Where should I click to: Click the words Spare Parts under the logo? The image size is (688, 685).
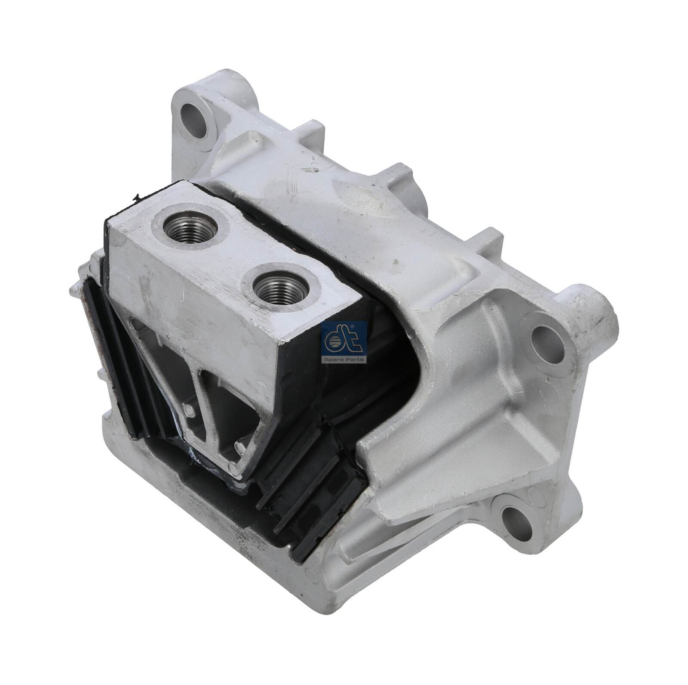344,359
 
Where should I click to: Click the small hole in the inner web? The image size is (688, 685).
187,410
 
